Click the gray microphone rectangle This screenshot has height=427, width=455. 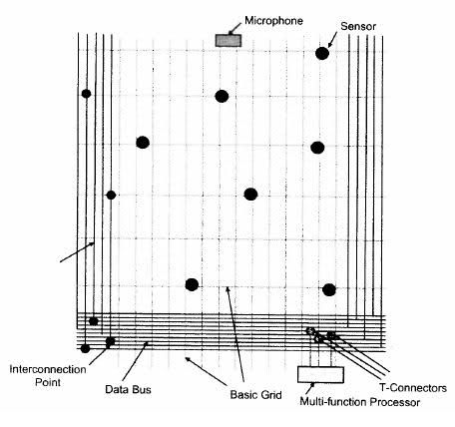tap(228, 40)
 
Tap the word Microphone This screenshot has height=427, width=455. tap(273, 21)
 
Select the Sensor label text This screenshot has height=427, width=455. tap(358, 26)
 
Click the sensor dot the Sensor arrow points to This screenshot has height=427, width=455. tap(322, 53)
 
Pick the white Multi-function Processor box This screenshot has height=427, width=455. tap(320, 375)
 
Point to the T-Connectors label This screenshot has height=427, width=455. tap(412, 388)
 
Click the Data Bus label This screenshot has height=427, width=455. tap(128, 389)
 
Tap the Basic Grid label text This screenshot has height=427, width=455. tap(255, 395)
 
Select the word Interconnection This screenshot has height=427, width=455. tap(48, 369)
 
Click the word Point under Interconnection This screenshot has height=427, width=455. tap(48, 382)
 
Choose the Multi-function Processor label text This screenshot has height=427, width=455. tap(360, 402)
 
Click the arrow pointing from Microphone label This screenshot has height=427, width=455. tap(235, 29)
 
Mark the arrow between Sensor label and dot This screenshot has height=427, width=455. tap(332, 40)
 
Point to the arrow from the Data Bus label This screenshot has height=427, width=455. tap(135, 361)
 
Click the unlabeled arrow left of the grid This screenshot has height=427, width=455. tap(77, 252)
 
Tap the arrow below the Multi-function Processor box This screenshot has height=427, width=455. tap(311, 388)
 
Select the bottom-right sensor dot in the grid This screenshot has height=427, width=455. tap(329, 289)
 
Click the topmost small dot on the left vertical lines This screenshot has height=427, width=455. tap(86, 94)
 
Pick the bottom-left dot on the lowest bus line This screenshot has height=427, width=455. tap(85, 348)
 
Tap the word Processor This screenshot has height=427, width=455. tap(395, 402)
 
